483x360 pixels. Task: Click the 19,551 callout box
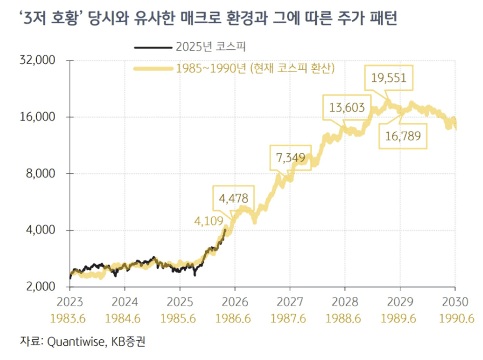388,78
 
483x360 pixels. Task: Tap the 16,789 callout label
403,136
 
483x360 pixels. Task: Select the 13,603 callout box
347,108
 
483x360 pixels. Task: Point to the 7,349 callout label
290,158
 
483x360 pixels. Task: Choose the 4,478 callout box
233,198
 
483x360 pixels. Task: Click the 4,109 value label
209,221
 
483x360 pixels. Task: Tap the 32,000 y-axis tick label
37,60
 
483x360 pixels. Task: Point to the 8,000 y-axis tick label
40,173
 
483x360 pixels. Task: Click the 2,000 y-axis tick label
40,287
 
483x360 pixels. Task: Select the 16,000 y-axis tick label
37,117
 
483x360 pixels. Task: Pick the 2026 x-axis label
235,302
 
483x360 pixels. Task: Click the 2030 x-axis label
455,302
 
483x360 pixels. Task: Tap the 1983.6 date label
68,319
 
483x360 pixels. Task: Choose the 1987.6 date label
288,319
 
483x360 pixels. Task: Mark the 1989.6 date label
398,319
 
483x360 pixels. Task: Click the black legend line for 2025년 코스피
153,47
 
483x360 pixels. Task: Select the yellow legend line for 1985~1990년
153,69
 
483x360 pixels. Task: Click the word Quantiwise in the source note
76,341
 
